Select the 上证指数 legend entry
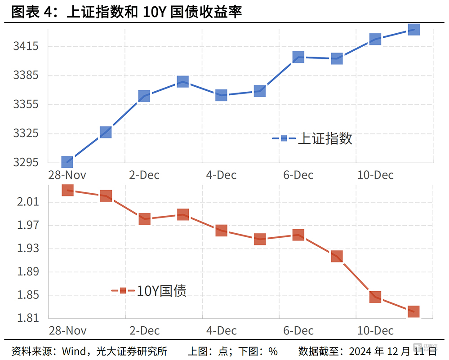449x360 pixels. coord(325,138)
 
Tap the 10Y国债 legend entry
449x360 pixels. coord(161,291)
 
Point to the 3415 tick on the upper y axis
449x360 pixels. coord(26,46)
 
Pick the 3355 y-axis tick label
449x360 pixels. coord(26,105)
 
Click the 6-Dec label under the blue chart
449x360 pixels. coord(298,175)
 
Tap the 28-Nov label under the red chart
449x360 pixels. coord(67,331)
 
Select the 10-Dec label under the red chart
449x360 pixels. coord(375,331)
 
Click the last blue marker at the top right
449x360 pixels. coord(413,30)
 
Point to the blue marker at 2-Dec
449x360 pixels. coord(144,96)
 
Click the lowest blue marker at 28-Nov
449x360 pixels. coord(67,162)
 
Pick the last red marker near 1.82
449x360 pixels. coord(413,311)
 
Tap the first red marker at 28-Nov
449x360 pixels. coord(67,190)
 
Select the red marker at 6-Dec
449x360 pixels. coord(298,235)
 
